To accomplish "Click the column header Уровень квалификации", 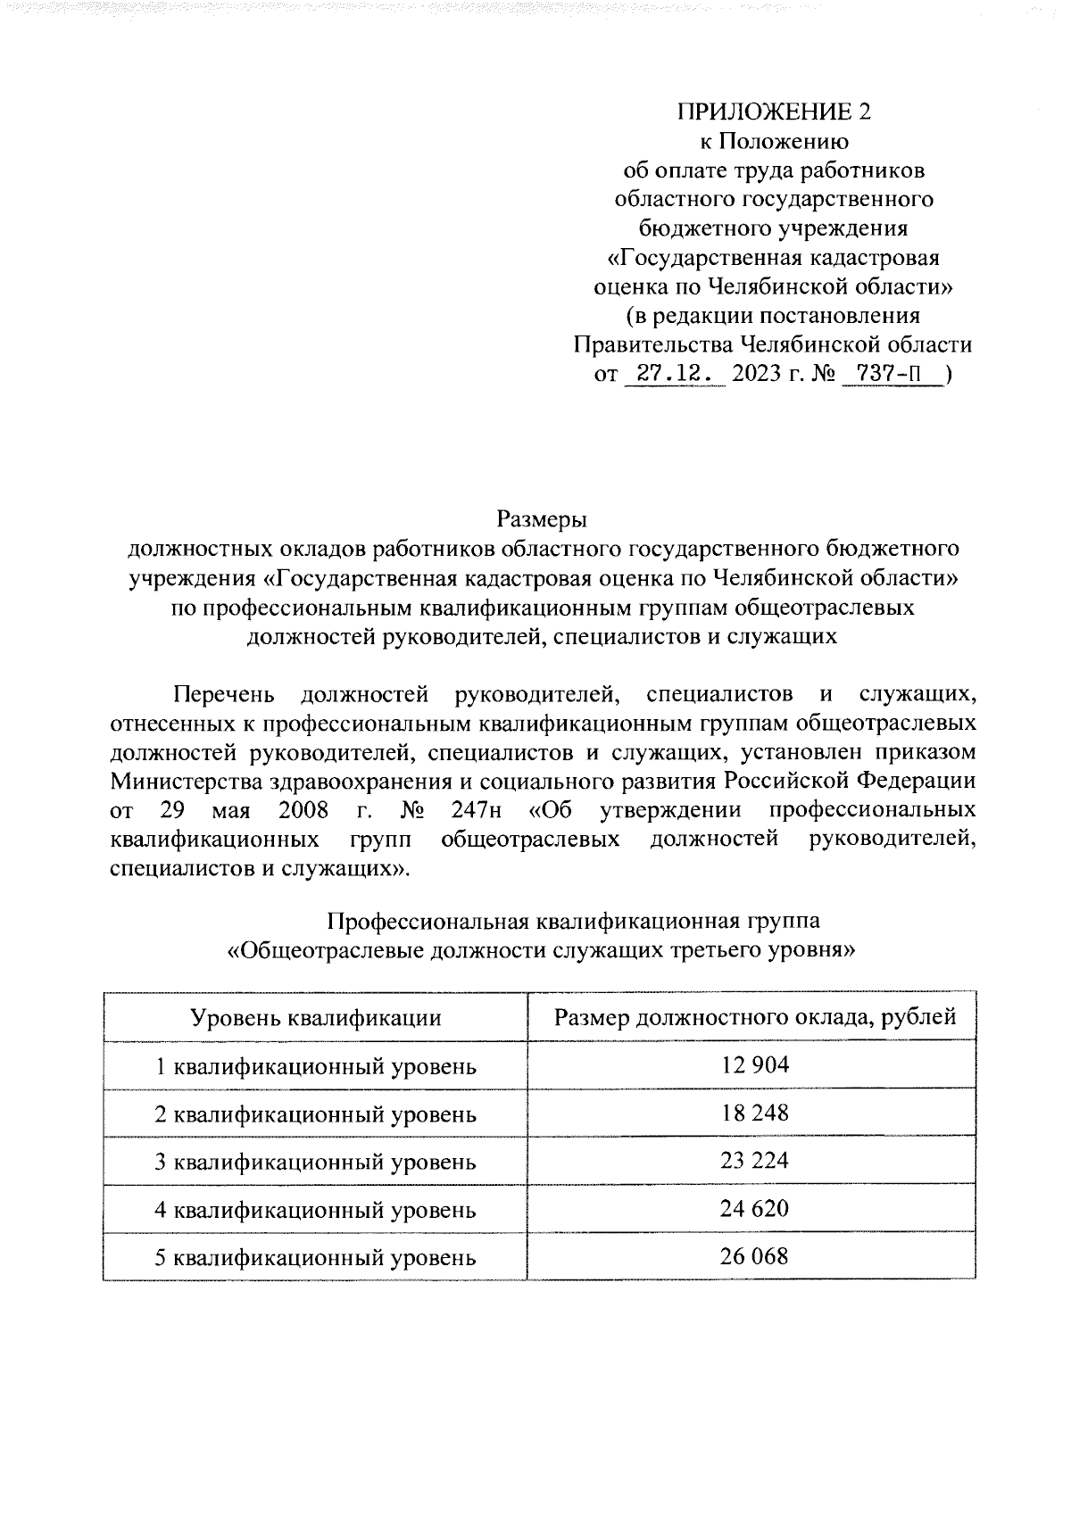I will pyautogui.click(x=316, y=1018).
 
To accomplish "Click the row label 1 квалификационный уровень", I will pyautogui.click(x=316, y=1066).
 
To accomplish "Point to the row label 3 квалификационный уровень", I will pyautogui.click(x=316, y=1162).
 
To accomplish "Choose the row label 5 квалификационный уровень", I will pyautogui.click(x=316, y=1258).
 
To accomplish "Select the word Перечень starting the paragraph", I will pyautogui.click(x=224, y=693).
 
